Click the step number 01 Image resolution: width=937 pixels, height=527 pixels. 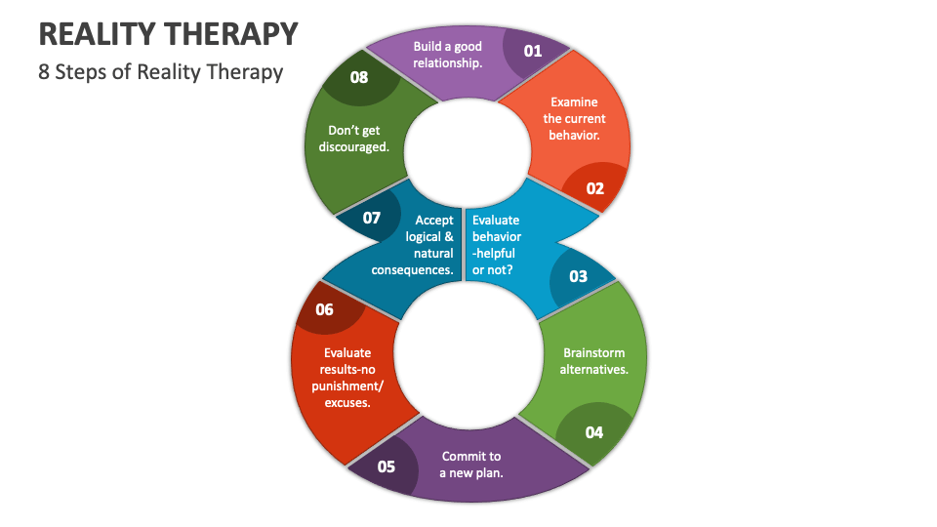(532, 51)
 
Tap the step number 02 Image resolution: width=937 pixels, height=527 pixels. (594, 188)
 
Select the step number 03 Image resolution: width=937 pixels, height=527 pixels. (579, 276)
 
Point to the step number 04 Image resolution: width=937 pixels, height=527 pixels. (594, 432)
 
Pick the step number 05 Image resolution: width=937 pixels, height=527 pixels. (387, 466)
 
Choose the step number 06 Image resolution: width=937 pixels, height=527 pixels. (324, 309)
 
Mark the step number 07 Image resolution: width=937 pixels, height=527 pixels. (372, 218)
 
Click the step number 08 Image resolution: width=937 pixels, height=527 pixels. (359, 76)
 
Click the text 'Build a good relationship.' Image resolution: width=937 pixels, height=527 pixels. (447, 55)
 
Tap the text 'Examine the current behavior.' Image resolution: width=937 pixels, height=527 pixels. (574, 118)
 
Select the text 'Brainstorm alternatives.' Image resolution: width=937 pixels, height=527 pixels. (593, 361)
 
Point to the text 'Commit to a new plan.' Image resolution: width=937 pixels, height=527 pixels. (471, 465)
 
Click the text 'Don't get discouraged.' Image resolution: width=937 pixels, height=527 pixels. (353, 139)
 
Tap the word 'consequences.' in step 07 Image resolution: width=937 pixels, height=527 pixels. (413, 269)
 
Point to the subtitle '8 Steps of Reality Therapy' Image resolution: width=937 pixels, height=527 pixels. (161, 72)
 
